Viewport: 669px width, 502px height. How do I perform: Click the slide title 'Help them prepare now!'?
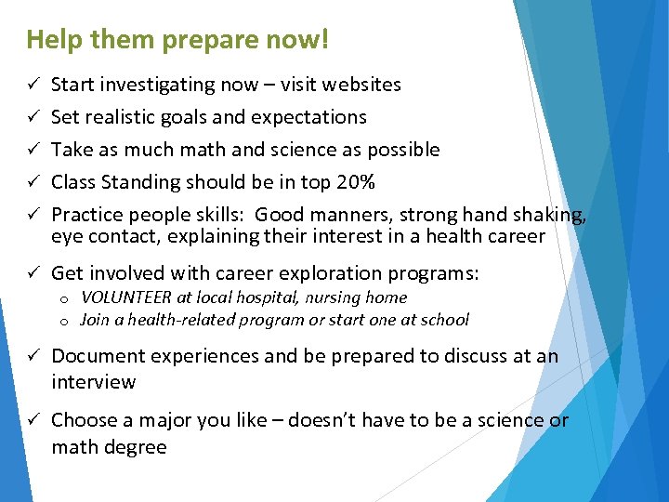coord(177,41)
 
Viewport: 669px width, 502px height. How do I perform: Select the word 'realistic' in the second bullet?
coord(124,117)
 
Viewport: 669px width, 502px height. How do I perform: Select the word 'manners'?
coord(352,215)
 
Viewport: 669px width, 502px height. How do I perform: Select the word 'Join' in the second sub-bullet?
coord(95,320)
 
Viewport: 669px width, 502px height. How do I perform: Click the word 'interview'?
coord(93,382)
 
